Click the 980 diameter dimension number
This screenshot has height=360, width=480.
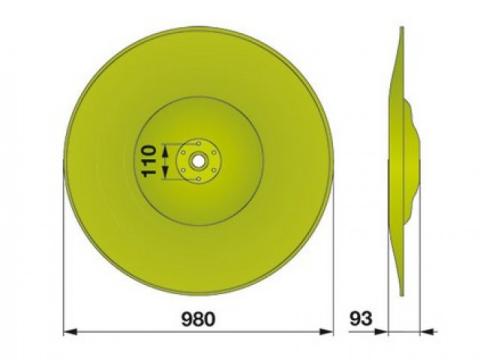[198, 319]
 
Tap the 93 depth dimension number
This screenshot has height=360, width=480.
[361, 319]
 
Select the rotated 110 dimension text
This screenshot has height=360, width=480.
[149, 161]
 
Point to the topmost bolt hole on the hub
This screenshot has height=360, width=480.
[198, 144]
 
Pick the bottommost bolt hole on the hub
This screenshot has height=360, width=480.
[198, 179]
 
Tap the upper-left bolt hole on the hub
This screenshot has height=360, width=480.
[183, 153]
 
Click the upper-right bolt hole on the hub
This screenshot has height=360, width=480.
[214, 153]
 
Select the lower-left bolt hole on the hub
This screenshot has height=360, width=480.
[183, 170]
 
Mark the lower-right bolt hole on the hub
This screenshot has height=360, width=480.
[214, 170]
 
